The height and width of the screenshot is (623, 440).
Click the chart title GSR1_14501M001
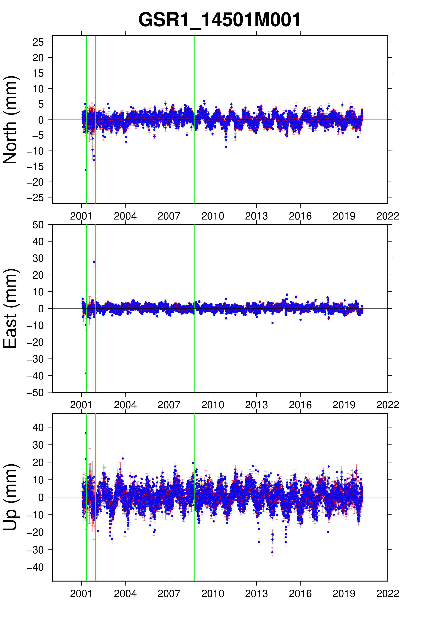(x=219, y=20)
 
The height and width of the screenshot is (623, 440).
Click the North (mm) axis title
(x=10, y=120)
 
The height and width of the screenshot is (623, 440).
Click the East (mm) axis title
(x=10, y=308)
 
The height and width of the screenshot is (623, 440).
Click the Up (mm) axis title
(x=10, y=497)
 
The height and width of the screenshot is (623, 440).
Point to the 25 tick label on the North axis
(x=38, y=42)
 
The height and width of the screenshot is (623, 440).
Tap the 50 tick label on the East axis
(x=38, y=225)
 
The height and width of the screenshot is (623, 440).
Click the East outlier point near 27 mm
(x=94, y=262)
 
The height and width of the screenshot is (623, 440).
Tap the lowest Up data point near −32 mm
(x=272, y=552)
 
